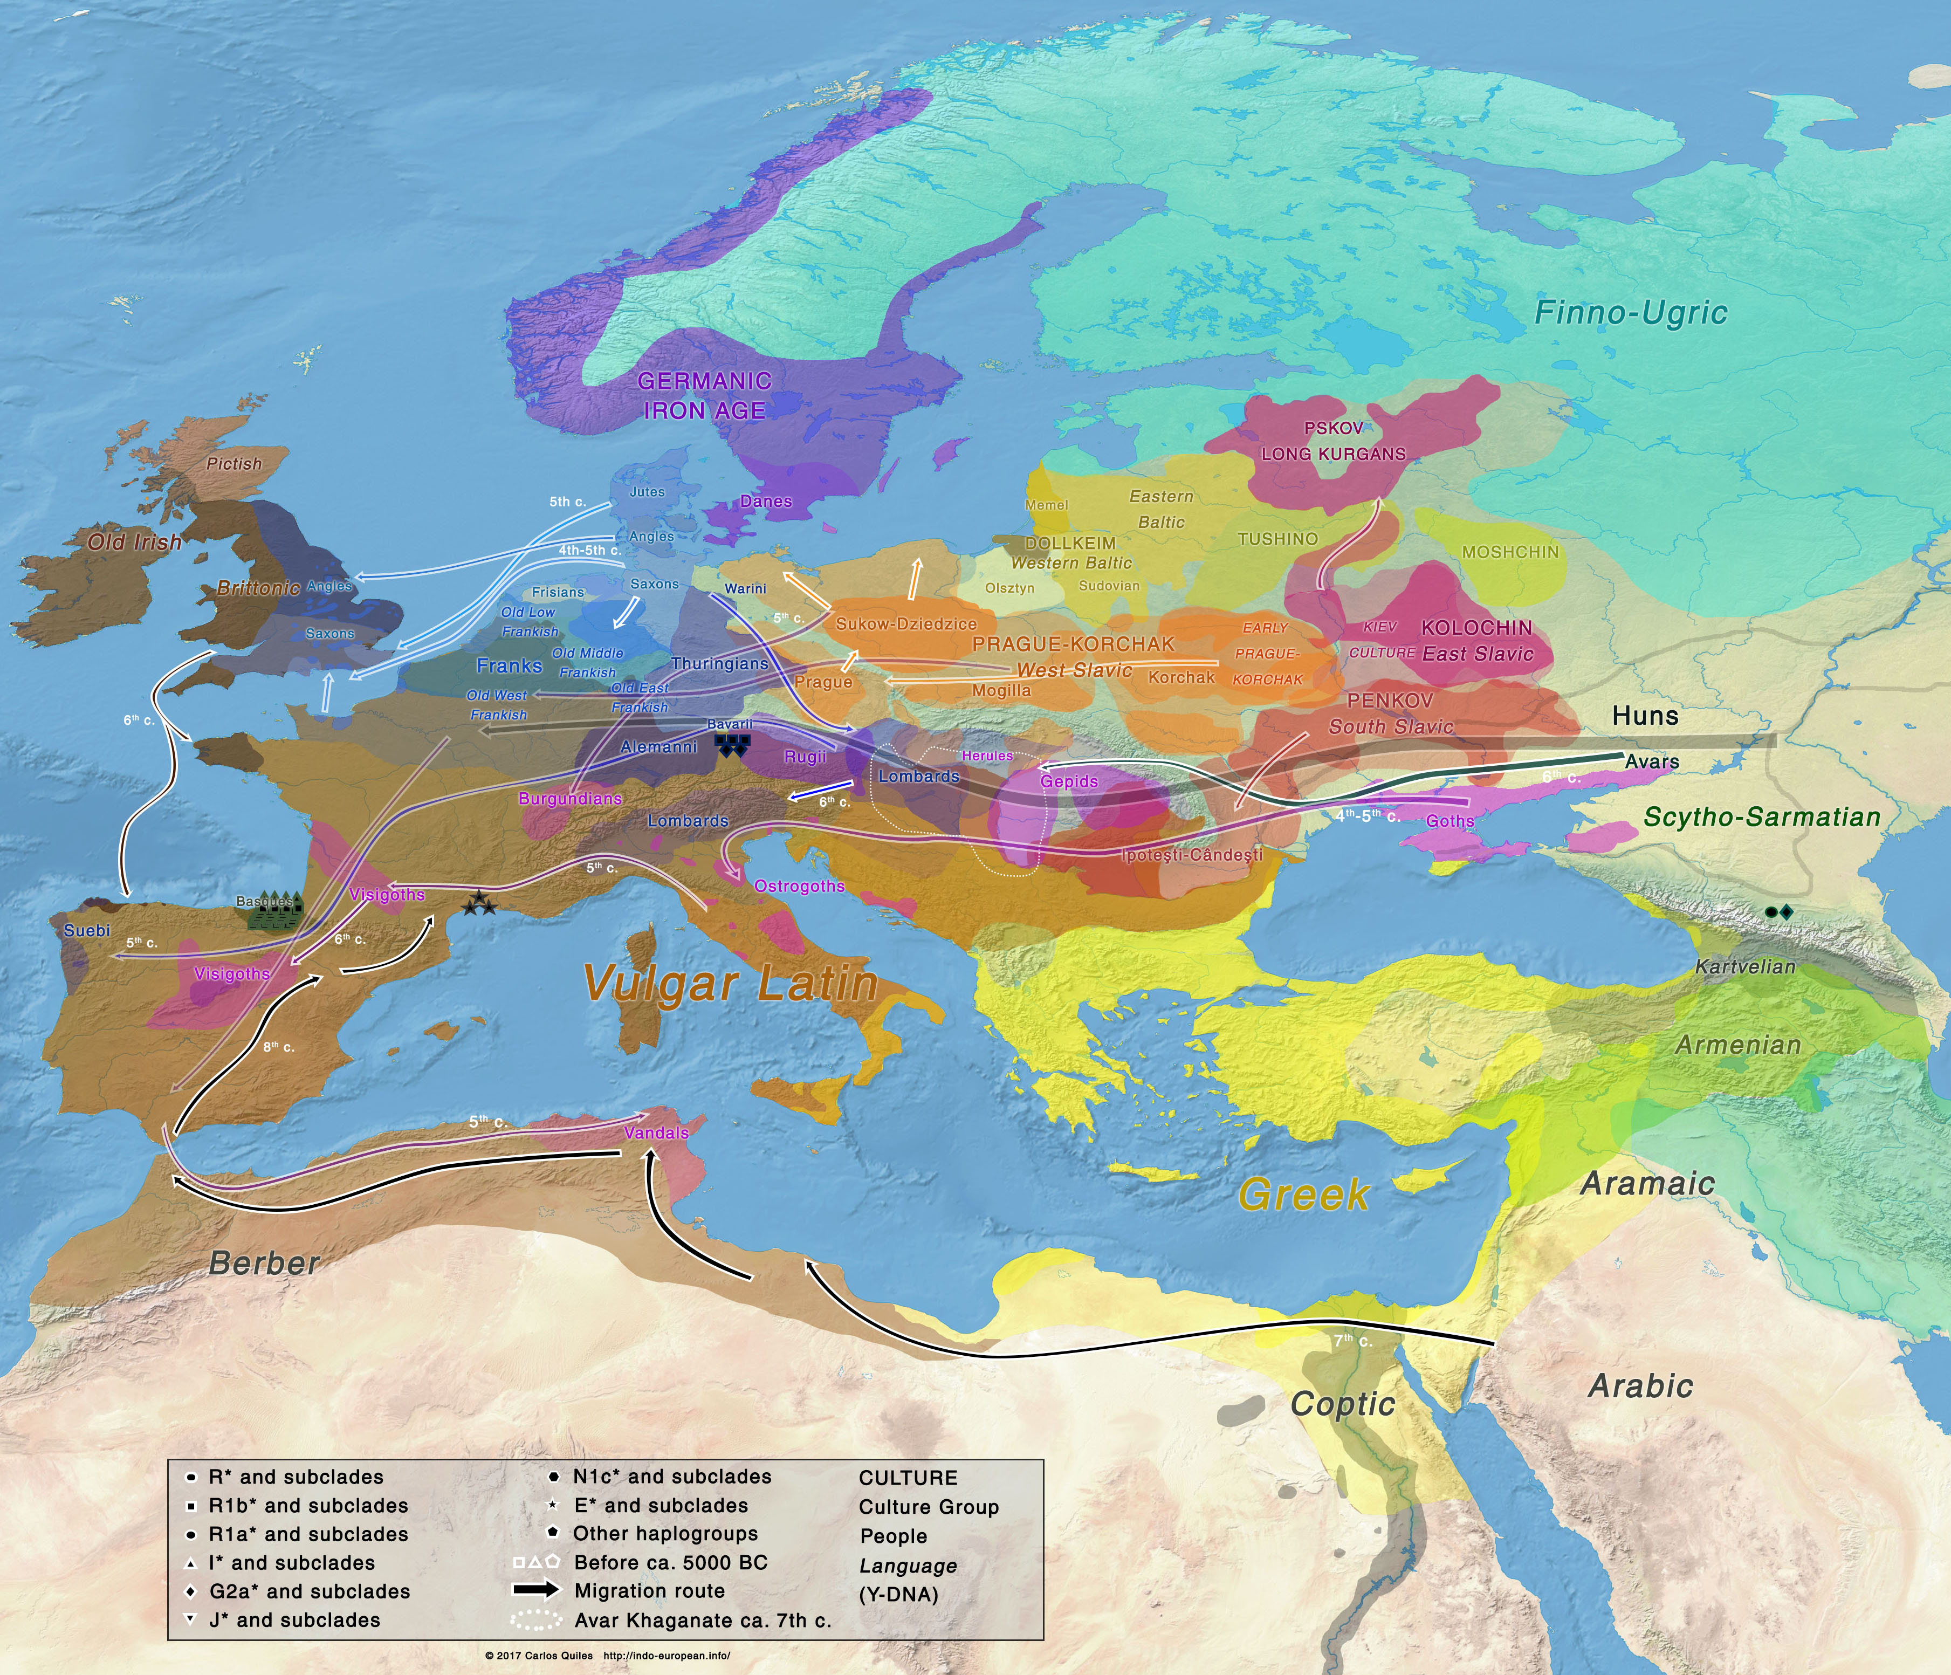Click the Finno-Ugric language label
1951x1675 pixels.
point(1630,313)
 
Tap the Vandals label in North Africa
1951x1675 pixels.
point(656,1132)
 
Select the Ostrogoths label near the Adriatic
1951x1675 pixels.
point(799,886)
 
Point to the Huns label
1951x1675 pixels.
point(1645,716)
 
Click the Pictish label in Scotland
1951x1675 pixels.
point(233,463)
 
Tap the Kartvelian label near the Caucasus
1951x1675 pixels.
point(1745,966)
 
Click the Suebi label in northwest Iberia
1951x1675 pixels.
point(87,930)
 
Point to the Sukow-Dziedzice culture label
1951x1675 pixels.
point(906,623)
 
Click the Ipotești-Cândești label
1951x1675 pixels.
point(1191,855)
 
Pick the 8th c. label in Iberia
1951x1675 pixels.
point(278,1047)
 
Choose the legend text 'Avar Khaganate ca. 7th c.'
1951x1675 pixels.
point(703,1621)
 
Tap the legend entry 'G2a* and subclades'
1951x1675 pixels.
point(309,1591)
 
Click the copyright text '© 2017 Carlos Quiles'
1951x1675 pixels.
point(539,1655)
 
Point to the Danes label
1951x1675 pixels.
point(766,501)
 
